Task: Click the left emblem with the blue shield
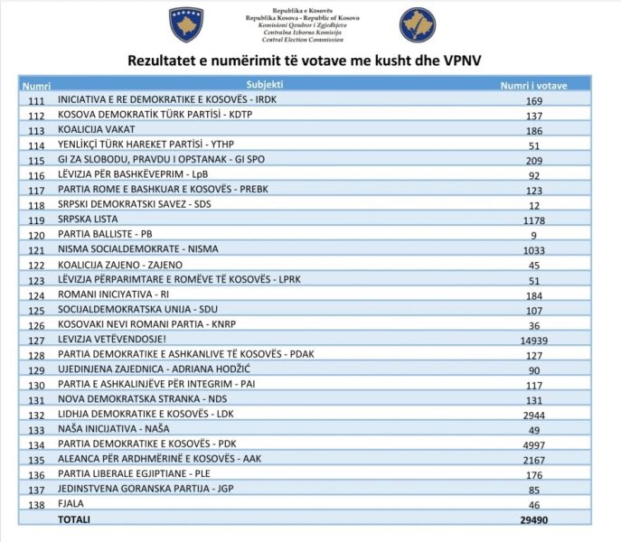point(186,24)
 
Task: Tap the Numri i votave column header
point(534,84)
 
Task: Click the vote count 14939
point(534,341)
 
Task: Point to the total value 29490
point(534,519)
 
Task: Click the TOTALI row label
point(74,519)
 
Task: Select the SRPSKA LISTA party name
point(87,220)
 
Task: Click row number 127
point(36,341)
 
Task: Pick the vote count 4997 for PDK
point(534,444)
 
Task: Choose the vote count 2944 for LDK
point(534,415)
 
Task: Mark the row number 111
point(36,100)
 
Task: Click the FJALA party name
point(71,504)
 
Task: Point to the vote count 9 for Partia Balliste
point(534,234)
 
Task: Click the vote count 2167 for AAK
point(534,460)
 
